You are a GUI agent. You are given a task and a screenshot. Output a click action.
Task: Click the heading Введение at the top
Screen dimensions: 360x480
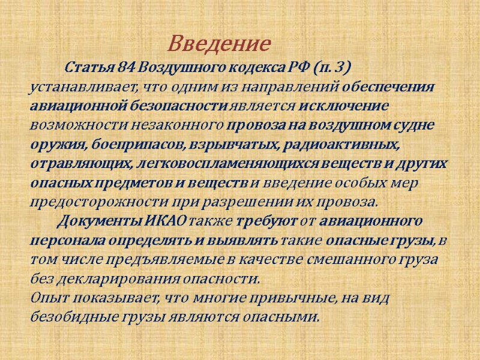(219, 44)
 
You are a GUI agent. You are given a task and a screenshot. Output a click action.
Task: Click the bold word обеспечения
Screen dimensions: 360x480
(389, 86)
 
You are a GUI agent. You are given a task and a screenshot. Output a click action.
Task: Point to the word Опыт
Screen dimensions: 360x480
(46, 298)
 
